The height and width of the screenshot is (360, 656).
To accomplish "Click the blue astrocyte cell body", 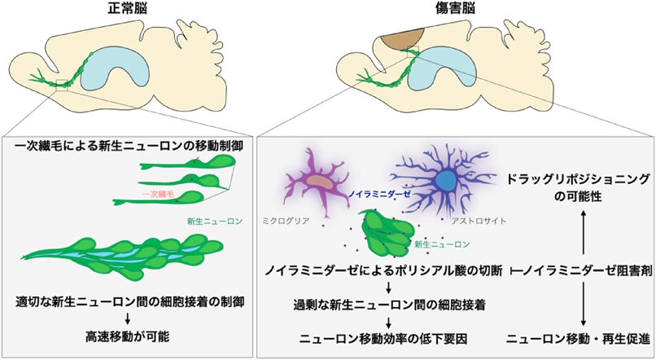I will (446, 180).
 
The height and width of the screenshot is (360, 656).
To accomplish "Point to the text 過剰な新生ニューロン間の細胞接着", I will (374, 304).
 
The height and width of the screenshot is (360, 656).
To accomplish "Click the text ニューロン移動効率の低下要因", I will (374, 337).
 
